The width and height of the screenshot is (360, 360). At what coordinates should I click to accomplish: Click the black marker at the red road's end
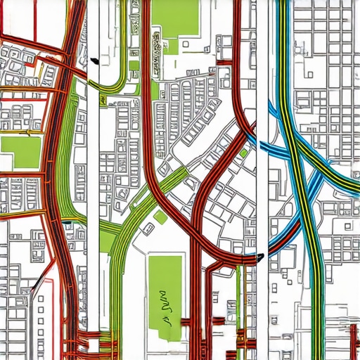click(x=261, y=257)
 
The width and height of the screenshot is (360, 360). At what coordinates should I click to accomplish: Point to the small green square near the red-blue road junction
click(x=243, y=153)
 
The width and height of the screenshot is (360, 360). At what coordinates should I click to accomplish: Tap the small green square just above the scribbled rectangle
click(x=160, y=217)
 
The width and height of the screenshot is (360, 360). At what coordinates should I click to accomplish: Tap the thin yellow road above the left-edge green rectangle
click(x=21, y=131)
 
